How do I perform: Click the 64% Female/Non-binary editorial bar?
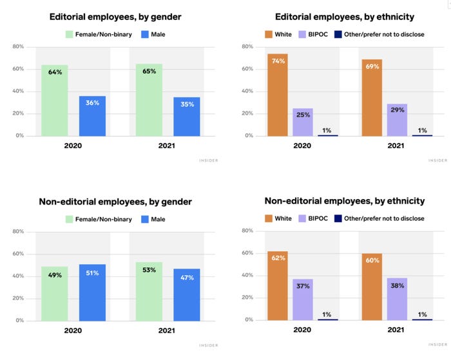point(55,100)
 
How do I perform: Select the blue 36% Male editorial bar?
point(92,116)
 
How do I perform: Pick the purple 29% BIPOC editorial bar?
point(397,120)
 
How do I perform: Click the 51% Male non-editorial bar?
point(92,292)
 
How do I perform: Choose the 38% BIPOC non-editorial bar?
point(397,299)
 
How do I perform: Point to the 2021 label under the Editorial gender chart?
point(168,146)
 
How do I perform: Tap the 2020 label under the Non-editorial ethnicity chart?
point(303,330)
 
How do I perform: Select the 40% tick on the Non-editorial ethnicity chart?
point(247,276)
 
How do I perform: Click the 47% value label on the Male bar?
point(186,278)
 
